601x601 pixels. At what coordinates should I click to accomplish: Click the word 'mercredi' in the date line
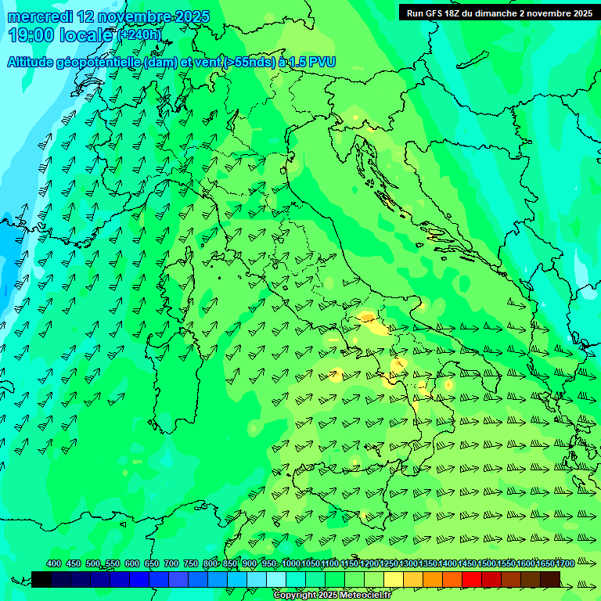(40, 16)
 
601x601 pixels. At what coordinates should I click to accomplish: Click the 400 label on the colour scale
(54, 564)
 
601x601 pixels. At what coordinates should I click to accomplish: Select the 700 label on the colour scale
(171, 564)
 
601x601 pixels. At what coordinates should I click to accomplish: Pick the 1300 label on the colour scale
(408, 564)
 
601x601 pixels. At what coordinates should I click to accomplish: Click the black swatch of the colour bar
(41, 579)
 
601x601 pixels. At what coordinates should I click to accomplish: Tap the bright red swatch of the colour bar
(472, 579)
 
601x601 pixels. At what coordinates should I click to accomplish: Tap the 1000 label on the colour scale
(291, 564)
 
